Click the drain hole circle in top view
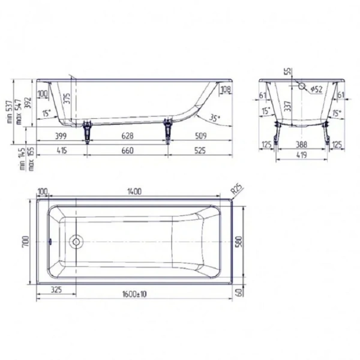point(76,242)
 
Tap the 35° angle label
point(215,118)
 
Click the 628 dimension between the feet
point(128,136)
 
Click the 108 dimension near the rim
point(226,91)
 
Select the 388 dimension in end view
point(302,145)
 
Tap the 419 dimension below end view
point(302,155)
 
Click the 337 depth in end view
point(288,106)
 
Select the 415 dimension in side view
point(60,151)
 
